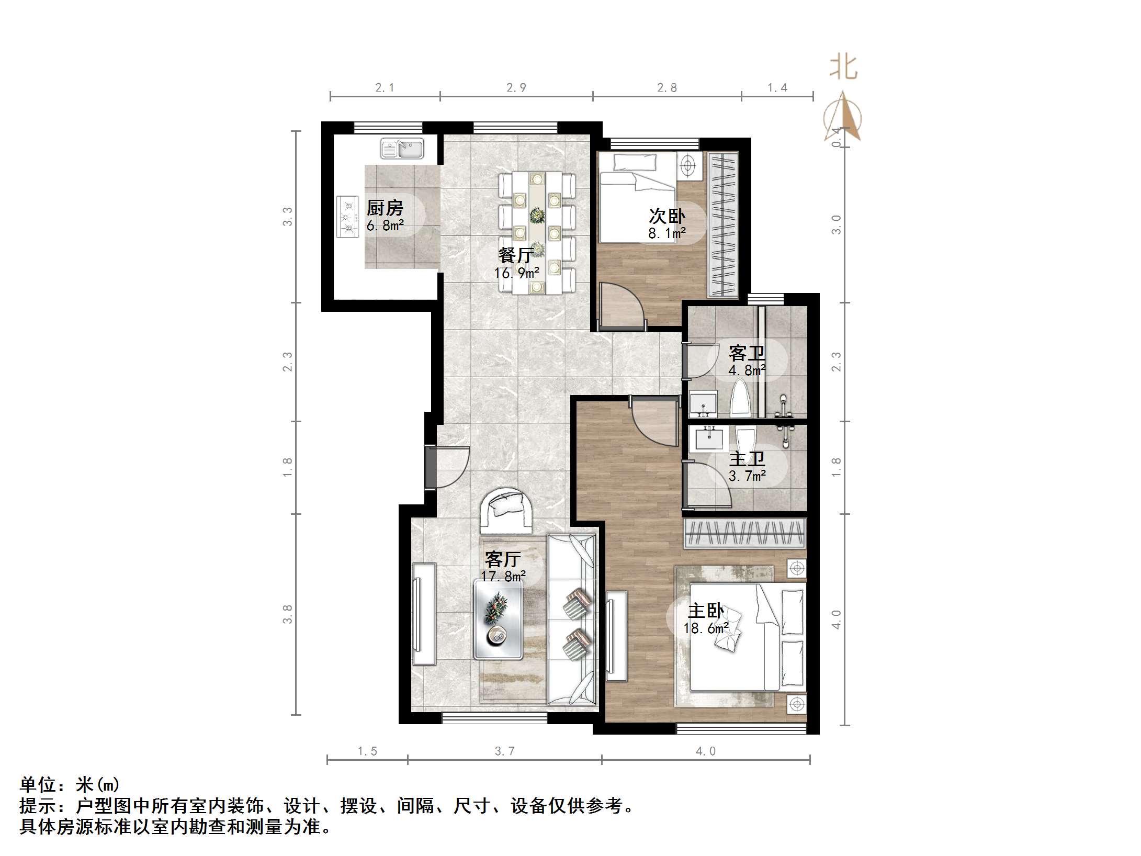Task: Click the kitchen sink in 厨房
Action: (x=402, y=149)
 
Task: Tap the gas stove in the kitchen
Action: (x=347, y=217)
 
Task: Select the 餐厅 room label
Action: (x=516, y=255)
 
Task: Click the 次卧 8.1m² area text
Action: (x=667, y=233)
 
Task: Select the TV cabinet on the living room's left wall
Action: (x=424, y=613)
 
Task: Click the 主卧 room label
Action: (x=705, y=611)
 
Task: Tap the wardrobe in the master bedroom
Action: (x=745, y=534)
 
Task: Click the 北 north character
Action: (x=843, y=69)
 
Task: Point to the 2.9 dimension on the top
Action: (x=516, y=88)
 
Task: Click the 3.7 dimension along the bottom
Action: (x=504, y=751)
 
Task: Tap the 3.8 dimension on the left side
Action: (x=287, y=614)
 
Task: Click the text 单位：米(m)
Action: (x=70, y=785)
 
